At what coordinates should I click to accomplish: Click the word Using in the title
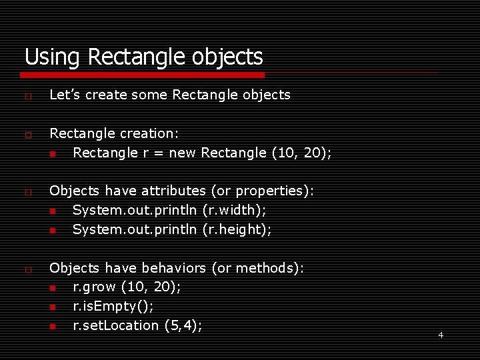pos(53,57)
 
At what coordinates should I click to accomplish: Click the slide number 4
pos(441,335)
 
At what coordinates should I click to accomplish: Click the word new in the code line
pos(182,153)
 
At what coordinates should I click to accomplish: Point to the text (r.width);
pos(234,210)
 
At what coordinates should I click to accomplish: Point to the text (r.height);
pos(237,229)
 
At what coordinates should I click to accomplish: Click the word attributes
pos(173,191)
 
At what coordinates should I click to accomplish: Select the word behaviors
pos(173,268)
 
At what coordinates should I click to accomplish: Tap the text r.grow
pos(95,287)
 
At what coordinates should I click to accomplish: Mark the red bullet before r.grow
pos(53,288)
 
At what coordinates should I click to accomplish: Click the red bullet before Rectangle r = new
pos(53,153)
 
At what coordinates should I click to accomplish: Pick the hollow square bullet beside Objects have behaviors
pos(28,270)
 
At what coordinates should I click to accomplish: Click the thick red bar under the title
pos(144,75)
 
